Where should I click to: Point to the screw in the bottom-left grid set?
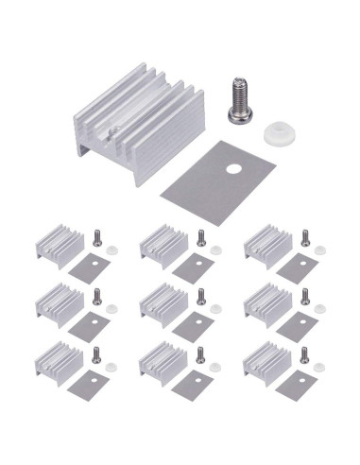click(96, 355)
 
